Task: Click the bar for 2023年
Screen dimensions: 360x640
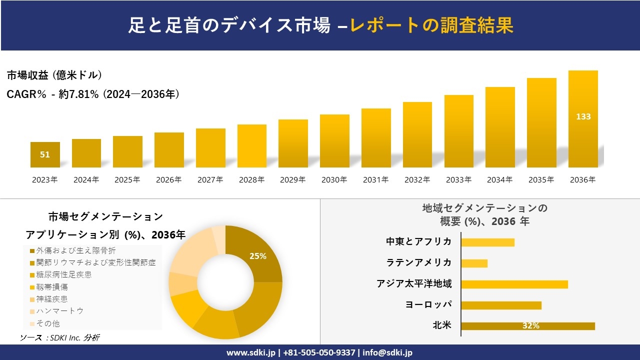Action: pyautogui.click(x=45, y=154)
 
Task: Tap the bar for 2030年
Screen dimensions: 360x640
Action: pyautogui.click(x=334, y=141)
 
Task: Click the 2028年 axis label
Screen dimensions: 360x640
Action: pyautogui.click(x=251, y=180)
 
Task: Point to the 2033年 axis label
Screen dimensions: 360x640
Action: pyautogui.click(x=458, y=180)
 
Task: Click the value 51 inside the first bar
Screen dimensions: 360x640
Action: pyautogui.click(x=45, y=154)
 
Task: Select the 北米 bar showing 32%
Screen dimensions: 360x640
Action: pyautogui.click(x=527, y=326)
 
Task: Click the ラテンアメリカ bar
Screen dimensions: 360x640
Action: pyautogui.click(x=474, y=263)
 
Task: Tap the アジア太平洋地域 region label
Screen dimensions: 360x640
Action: pyautogui.click(x=414, y=284)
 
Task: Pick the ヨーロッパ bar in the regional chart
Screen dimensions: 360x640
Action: pyautogui.click(x=501, y=305)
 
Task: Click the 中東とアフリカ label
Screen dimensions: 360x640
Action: pyautogui.click(x=418, y=242)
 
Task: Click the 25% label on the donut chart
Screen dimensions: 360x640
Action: pyautogui.click(x=258, y=256)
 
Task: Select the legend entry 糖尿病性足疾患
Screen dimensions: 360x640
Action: pyautogui.click(x=63, y=274)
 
